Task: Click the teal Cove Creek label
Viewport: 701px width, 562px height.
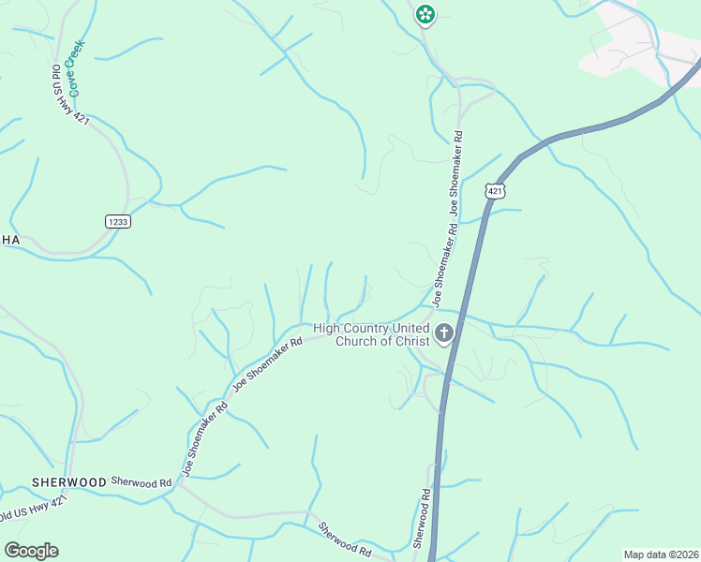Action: pyautogui.click(x=76, y=68)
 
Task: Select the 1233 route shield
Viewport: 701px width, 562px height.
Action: pyautogui.click(x=117, y=221)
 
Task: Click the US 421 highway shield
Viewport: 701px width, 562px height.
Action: pyautogui.click(x=496, y=191)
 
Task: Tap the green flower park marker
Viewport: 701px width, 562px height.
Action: pyautogui.click(x=425, y=14)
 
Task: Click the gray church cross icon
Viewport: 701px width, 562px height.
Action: pyautogui.click(x=444, y=333)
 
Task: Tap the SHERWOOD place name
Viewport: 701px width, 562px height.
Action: pyautogui.click(x=69, y=481)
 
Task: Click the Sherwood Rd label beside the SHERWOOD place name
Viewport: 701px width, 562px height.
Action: pyautogui.click(x=142, y=481)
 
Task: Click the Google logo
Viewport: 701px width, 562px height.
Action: pyautogui.click(x=31, y=551)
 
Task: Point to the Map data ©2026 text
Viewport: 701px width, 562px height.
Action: pyautogui.click(x=661, y=555)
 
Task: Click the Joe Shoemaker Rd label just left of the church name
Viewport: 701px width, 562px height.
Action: pyautogui.click(x=268, y=364)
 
